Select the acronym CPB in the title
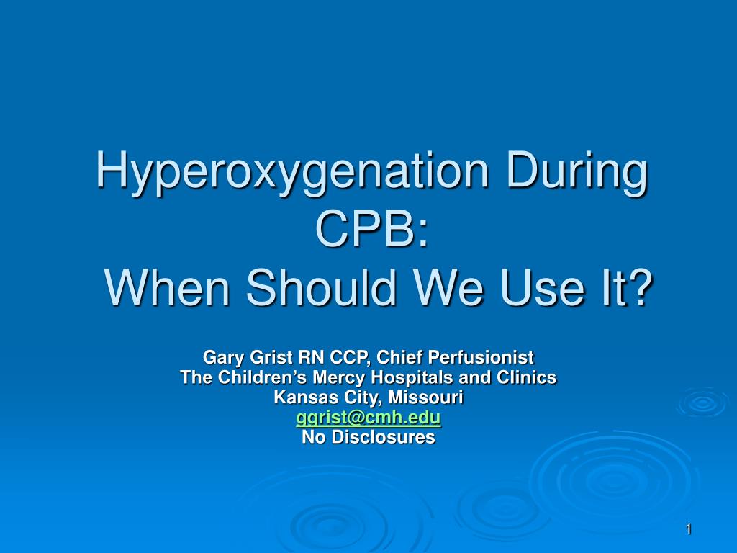click(x=366, y=228)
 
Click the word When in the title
click(x=168, y=287)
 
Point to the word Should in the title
click(x=321, y=287)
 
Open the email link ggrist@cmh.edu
click(x=368, y=417)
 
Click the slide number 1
click(x=688, y=529)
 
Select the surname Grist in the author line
click(x=271, y=357)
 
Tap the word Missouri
click(x=426, y=397)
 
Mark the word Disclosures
click(x=384, y=437)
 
